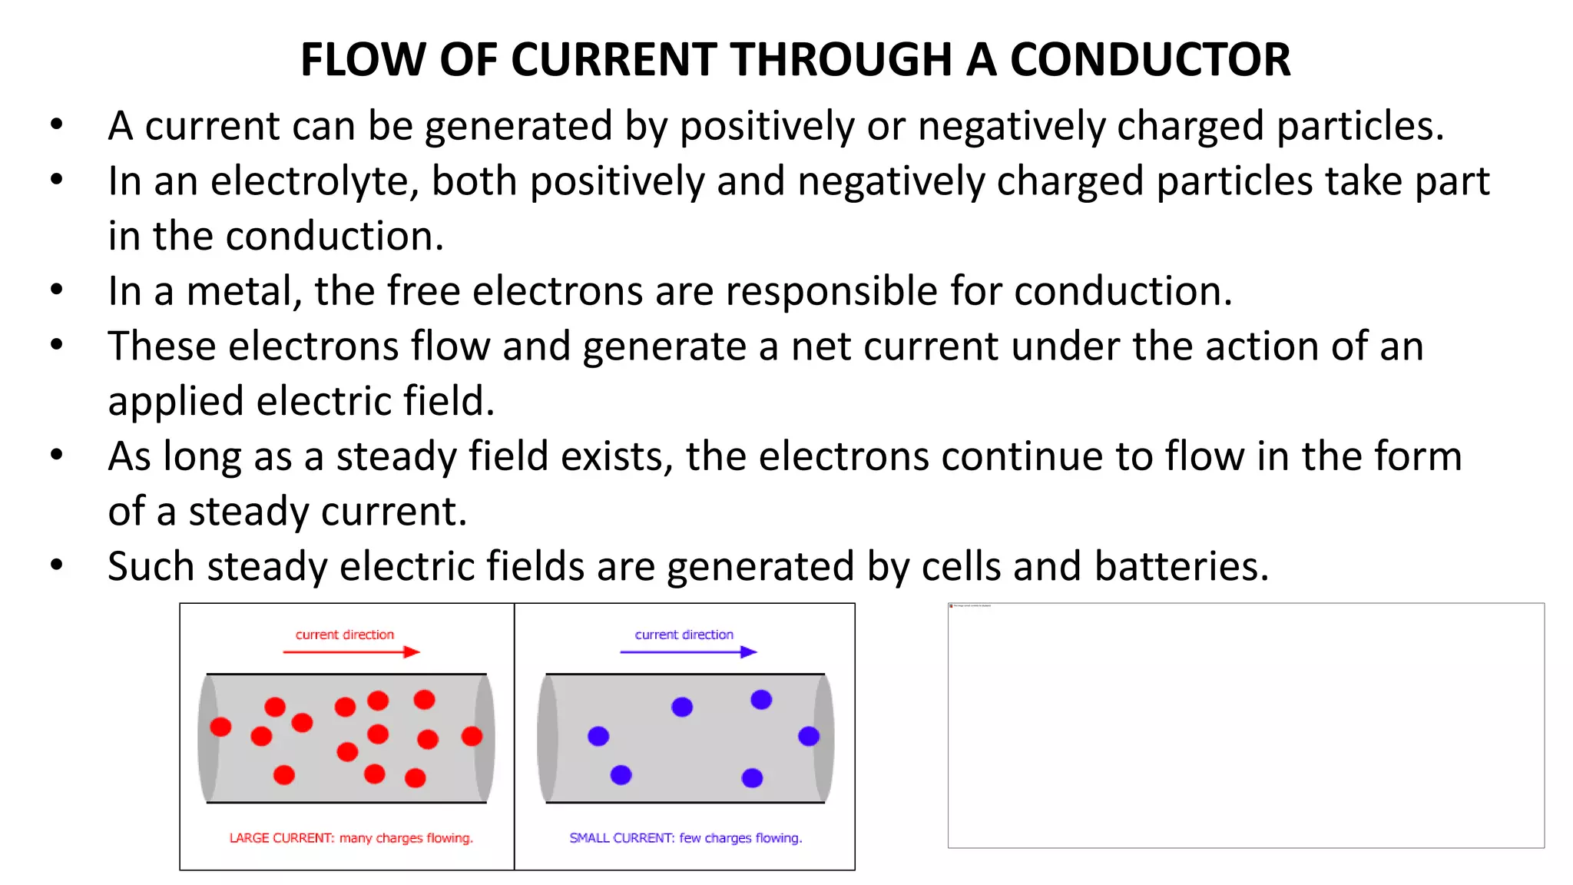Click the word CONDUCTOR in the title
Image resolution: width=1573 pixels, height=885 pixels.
[1150, 60]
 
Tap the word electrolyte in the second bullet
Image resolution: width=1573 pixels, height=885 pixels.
[314, 182]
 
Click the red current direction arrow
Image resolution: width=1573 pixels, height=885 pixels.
[351, 652]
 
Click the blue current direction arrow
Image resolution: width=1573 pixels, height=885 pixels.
[688, 652]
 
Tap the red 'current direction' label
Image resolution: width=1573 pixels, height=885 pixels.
[344, 635]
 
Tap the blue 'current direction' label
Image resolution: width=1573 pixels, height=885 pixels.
[684, 635]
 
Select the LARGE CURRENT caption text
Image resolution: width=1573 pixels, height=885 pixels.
[351, 838]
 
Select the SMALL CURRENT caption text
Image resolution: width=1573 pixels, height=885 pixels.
[685, 838]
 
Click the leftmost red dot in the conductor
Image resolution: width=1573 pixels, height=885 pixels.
[220, 727]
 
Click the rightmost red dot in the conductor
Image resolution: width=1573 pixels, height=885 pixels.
[472, 737]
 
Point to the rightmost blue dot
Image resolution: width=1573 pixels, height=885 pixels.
[808, 737]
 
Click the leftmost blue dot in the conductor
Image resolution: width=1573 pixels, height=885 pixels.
[598, 737]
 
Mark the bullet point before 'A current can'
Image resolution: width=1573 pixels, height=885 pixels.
[57, 125]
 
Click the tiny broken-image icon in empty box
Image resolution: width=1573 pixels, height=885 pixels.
[952, 606]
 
